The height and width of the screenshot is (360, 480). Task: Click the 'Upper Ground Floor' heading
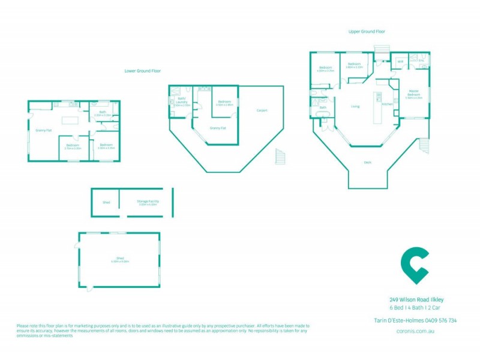pos(367,31)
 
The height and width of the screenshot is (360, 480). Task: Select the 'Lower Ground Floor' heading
pos(142,71)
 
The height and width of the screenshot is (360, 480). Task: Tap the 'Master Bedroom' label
pos(413,94)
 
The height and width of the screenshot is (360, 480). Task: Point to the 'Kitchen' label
pos(388,104)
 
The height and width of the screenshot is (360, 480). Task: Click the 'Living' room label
pos(355,107)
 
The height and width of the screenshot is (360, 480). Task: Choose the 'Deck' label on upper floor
pos(367,162)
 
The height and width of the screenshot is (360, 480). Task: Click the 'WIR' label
pos(400,61)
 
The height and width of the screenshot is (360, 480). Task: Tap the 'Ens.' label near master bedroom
pos(421,61)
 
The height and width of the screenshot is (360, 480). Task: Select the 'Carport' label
pos(262,110)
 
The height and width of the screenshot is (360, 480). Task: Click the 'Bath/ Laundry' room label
pos(181,101)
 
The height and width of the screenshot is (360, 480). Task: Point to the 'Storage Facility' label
pos(147,202)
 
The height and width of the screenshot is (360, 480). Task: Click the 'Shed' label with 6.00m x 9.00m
pos(119,260)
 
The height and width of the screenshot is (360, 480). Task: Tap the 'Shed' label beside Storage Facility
pos(106,202)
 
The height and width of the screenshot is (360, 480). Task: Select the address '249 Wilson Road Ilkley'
pos(416,299)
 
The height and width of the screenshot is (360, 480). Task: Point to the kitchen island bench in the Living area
pos(378,108)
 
